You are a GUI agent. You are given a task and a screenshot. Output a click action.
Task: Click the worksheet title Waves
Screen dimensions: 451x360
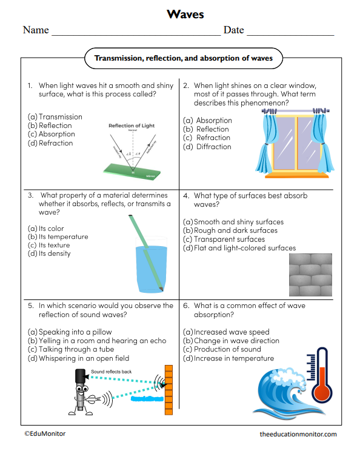[x=185, y=14]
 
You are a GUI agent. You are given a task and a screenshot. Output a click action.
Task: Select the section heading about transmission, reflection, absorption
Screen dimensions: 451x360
[x=183, y=59]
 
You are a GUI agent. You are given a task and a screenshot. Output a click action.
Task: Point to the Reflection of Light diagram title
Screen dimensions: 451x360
[x=132, y=125]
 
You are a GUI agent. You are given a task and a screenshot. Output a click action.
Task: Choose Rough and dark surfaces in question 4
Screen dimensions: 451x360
[x=230, y=230]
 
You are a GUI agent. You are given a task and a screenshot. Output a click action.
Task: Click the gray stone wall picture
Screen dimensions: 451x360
[x=310, y=274]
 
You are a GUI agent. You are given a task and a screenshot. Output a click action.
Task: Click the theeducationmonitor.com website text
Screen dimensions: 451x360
[x=298, y=434]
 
